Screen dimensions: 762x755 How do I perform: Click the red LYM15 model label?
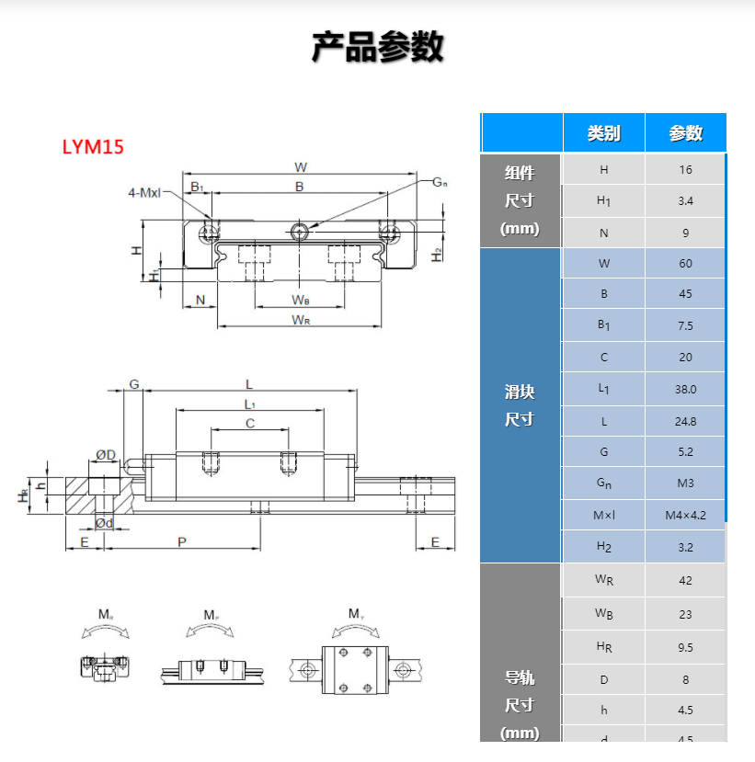pyautogui.click(x=92, y=147)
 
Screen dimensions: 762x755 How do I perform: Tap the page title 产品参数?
pyautogui.click(x=377, y=47)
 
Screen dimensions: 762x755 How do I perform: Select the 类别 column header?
pyautogui.click(x=603, y=133)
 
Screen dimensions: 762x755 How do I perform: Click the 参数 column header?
pyautogui.click(x=685, y=133)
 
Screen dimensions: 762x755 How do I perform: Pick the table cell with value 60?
pyautogui.click(x=685, y=264)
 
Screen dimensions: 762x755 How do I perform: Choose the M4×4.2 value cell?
pyautogui.click(x=685, y=515)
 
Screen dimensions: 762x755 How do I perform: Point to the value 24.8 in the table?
pyautogui.click(x=685, y=421)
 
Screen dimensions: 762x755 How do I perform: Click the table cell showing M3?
pyautogui.click(x=685, y=483)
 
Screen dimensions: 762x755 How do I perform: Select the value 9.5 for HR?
pyautogui.click(x=685, y=648)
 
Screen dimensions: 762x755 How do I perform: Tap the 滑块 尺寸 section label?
pyautogui.click(x=520, y=405)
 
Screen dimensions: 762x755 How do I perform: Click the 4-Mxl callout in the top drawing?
pyautogui.click(x=144, y=193)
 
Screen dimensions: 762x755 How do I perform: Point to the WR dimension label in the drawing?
pyautogui.click(x=300, y=319)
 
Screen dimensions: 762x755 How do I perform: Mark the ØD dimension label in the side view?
pyautogui.click(x=106, y=455)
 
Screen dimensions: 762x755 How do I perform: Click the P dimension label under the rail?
pyautogui.click(x=182, y=542)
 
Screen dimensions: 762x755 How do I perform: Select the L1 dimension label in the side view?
pyautogui.click(x=249, y=404)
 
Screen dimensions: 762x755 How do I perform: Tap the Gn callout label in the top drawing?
pyautogui.click(x=440, y=182)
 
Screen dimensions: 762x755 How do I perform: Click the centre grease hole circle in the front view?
pyautogui.click(x=299, y=230)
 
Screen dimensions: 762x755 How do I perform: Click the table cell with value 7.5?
pyautogui.click(x=685, y=325)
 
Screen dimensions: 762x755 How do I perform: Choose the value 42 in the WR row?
pyautogui.click(x=685, y=580)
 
